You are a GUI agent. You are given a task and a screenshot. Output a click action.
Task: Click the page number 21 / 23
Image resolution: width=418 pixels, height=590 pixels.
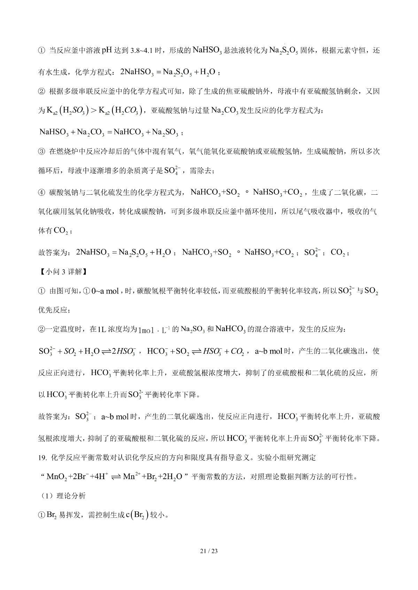pos(209,551)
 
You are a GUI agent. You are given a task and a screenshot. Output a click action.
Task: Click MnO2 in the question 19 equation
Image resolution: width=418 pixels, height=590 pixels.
pos(57,477)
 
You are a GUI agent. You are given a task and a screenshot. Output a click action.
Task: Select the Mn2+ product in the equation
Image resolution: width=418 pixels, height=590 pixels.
pos(131,477)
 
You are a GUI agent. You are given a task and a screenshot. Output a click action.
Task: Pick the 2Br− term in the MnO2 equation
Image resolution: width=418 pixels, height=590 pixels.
pos(78,477)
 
